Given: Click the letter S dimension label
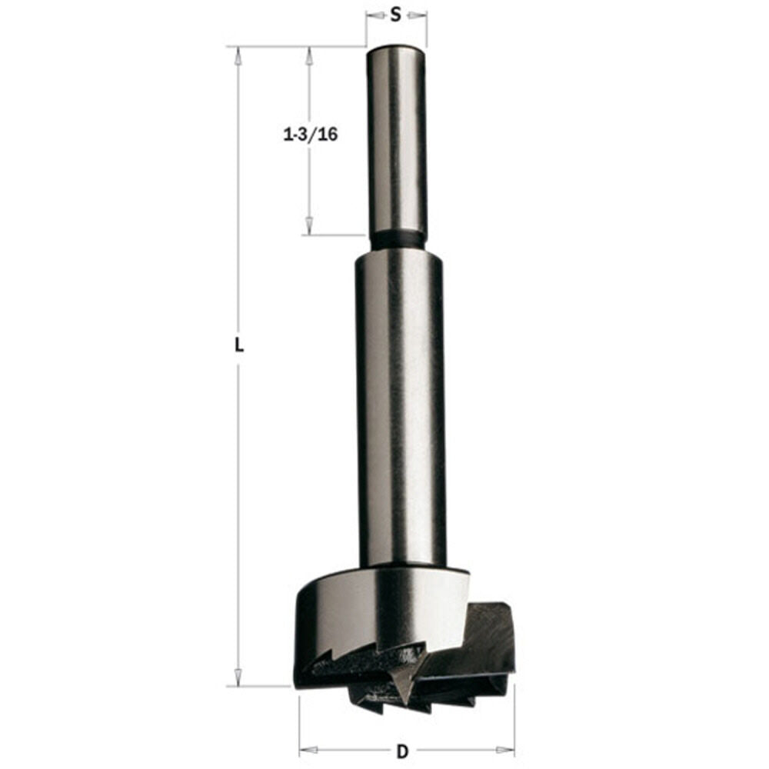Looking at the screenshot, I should point(396,15).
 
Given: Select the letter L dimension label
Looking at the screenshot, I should point(239,346).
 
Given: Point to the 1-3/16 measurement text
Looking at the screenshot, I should point(311,135).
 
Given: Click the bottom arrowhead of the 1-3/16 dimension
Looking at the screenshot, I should point(309,225).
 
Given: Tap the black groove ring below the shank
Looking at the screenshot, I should point(397,241).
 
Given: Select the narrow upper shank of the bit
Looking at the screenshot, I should point(397,138).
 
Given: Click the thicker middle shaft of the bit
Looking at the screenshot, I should point(400,408).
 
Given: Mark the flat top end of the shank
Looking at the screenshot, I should point(396,48).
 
